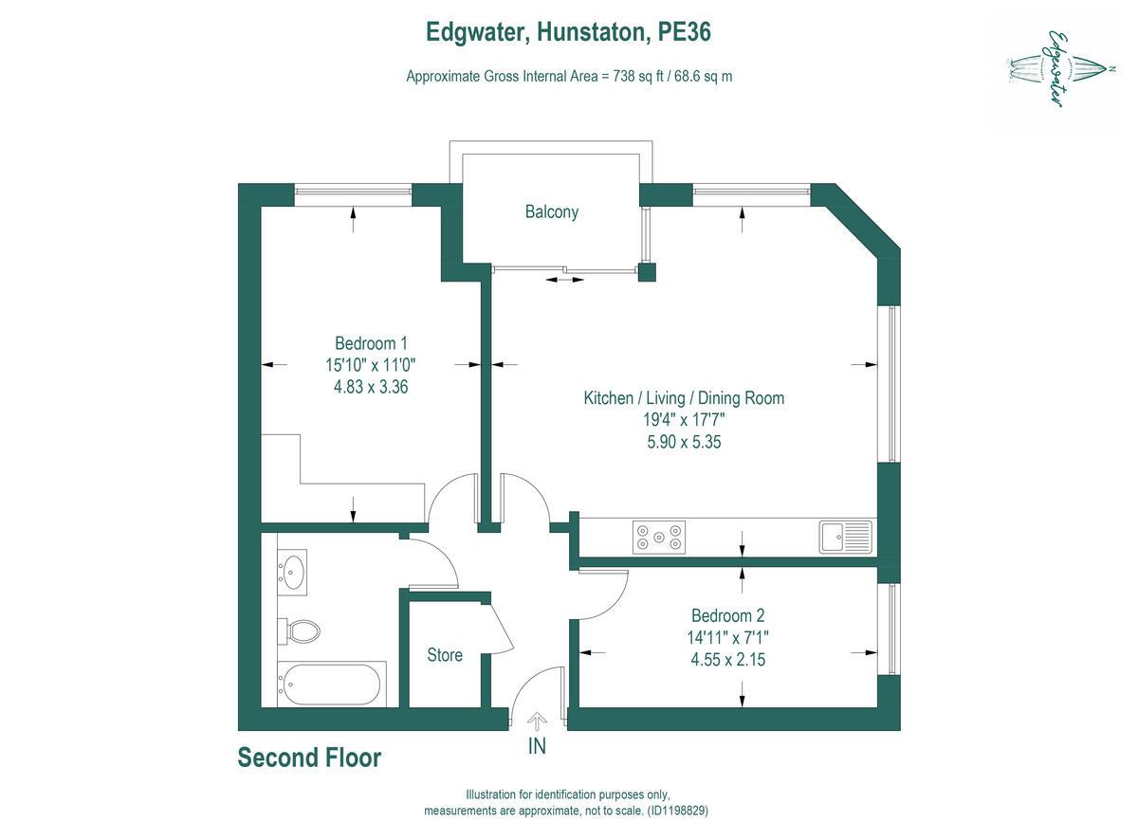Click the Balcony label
[x=551, y=212]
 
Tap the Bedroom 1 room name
[x=371, y=343]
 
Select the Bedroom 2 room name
[x=727, y=614]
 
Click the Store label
[x=445, y=655]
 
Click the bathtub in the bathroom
[x=331, y=685]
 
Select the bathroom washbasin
[x=293, y=572]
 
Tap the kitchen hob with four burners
[x=659, y=538]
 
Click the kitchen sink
[x=845, y=537]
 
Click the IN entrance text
[x=537, y=746]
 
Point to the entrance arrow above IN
[x=537, y=722]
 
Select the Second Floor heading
[x=309, y=758]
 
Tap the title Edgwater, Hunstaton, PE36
[x=568, y=33]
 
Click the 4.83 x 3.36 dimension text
[x=371, y=386]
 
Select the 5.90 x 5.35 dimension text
[x=684, y=441]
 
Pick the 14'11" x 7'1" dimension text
[x=728, y=636]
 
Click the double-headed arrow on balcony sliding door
[x=564, y=280]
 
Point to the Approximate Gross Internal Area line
[x=569, y=77]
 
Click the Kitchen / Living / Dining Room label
[x=684, y=398]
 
